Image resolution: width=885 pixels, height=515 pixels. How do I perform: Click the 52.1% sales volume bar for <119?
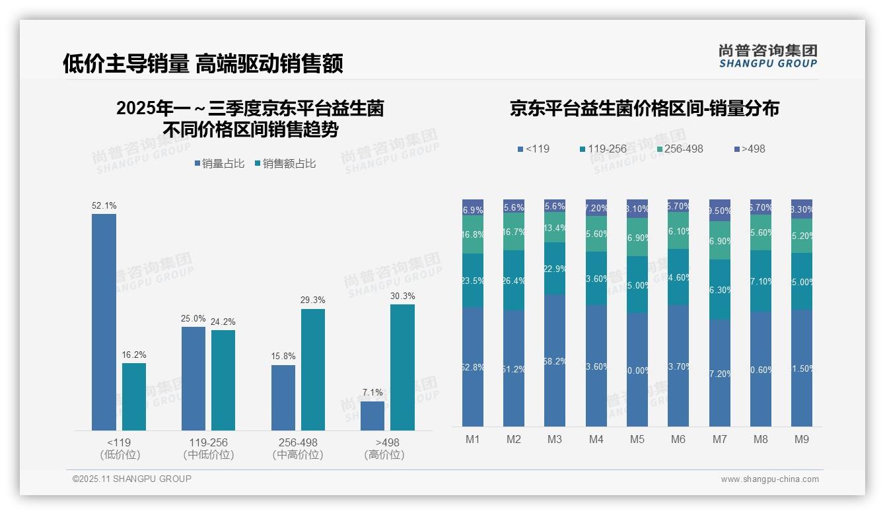tap(104, 322)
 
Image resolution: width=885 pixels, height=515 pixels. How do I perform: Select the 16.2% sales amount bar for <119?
tap(134, 397)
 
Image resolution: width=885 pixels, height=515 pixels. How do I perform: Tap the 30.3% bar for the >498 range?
tap(402, 367)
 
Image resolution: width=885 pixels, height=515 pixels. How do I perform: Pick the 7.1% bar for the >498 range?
tap(372, 416)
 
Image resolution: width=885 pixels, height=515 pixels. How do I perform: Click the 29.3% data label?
tap(312, 300)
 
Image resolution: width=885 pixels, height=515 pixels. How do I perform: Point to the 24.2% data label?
tap(223, 322)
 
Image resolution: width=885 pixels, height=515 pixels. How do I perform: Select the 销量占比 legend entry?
tap(219, 163)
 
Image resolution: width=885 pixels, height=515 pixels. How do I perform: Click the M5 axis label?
tap(637, 439)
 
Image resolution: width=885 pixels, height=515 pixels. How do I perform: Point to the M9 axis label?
tap(802, 439)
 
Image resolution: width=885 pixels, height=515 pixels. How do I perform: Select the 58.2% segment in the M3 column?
tap(555, 360)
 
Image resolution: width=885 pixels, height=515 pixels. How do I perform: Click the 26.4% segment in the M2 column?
tap(514, 280)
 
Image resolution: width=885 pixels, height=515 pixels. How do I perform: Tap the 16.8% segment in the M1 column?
tap(473, 234)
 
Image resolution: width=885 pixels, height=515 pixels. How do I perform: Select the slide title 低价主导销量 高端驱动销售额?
tap(203, 64)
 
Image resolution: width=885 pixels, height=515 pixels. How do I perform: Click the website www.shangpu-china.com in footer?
tap(769, 479)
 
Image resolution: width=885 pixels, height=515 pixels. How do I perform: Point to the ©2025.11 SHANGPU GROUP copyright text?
tap(132, 479)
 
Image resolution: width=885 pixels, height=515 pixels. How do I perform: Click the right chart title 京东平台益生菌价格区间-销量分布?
tap(644, 108)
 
